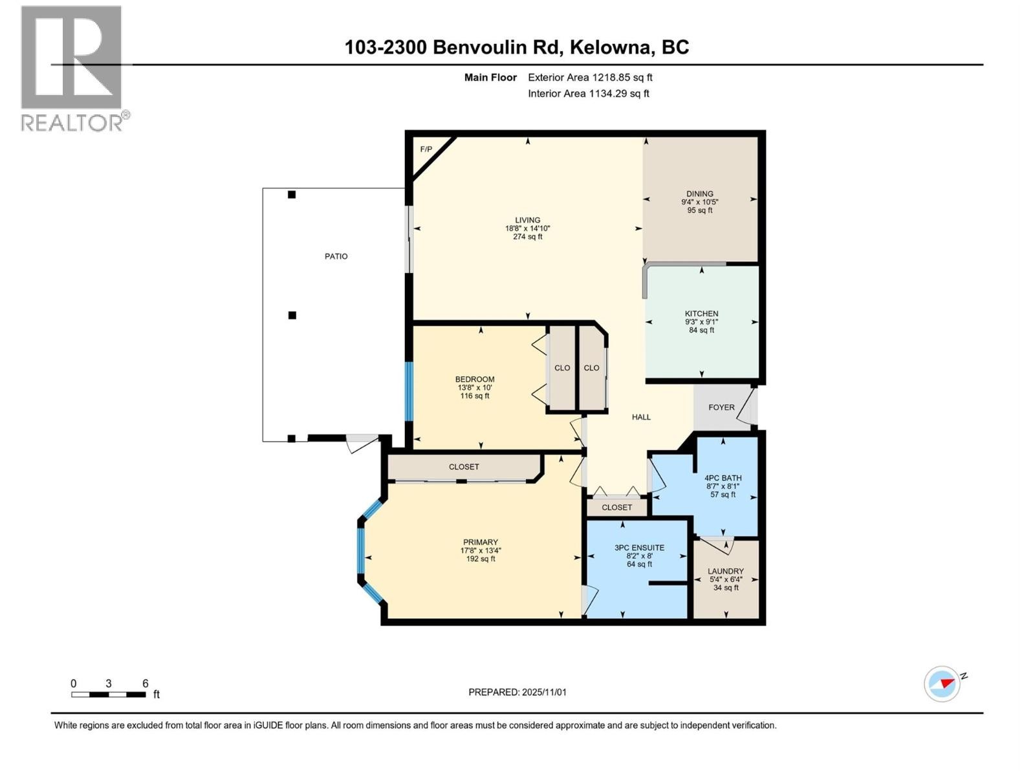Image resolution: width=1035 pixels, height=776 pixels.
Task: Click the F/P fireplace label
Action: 426,149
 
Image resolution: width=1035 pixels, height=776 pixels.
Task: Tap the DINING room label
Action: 699,193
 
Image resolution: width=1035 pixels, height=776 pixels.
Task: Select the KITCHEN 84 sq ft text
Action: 701,330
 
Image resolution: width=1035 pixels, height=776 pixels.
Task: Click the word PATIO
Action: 336,257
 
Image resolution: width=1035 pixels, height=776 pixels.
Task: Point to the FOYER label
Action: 721,407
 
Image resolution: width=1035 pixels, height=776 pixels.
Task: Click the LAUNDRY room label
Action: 725,571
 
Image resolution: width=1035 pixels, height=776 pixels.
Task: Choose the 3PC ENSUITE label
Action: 639,548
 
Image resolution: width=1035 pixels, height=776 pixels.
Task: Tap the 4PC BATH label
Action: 723,478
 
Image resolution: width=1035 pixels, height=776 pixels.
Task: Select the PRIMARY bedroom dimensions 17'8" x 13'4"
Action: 481,551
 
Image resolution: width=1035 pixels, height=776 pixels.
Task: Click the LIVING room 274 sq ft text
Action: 527,237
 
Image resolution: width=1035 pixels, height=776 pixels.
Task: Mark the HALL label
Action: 641,417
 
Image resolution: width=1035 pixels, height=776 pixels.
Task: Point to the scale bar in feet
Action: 109,695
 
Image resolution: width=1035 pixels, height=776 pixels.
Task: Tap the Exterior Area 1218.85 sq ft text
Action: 590,78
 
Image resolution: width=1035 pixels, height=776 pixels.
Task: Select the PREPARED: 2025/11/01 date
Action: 517,692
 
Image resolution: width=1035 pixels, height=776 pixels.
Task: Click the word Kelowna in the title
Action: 611,47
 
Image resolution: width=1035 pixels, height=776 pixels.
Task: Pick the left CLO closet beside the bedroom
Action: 562,368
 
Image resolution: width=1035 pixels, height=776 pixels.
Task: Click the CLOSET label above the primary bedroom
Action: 464,467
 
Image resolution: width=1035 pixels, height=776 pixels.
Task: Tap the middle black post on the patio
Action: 292,316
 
